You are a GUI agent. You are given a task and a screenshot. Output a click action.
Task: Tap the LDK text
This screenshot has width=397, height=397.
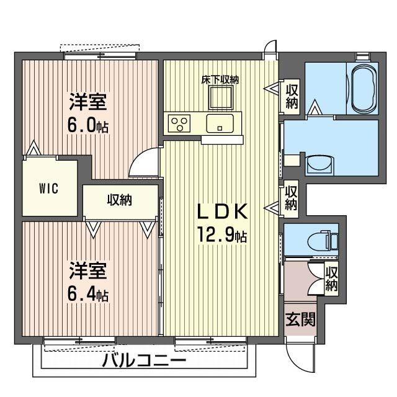coord(223,213)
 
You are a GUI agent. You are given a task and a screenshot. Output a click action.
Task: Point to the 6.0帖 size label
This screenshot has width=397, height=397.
coord(88,125)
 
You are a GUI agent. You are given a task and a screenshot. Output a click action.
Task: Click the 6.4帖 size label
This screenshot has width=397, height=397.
coord(88,295)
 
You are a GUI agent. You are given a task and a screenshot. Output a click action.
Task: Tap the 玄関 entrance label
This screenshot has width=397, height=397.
coord(300,319)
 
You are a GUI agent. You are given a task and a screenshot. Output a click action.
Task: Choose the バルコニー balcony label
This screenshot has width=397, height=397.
coord(144,361)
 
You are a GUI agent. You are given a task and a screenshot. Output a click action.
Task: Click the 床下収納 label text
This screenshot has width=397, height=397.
coord(220,79)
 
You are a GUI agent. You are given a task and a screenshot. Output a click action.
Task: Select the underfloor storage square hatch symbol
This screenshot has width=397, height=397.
coord(220,98)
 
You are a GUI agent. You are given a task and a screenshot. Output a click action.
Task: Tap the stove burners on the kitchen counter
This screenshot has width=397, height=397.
coord(181,123)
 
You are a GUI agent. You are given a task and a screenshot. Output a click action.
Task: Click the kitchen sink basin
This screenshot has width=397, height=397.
coord(220,122)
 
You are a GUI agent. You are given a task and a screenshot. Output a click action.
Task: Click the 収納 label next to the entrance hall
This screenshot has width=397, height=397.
coord(332,279)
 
